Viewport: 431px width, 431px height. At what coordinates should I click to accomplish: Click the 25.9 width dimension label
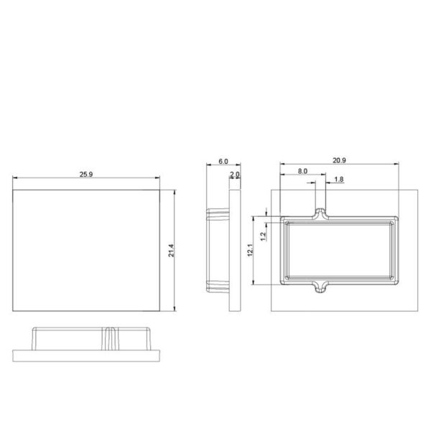pyautogui.click(x=86, y=175)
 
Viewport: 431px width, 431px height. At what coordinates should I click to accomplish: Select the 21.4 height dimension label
pyautogui.click(x=171, y=251)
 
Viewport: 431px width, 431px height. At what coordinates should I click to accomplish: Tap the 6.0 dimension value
pyautogui.click(x=223, y=162)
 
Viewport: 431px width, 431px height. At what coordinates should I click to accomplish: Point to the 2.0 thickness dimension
pyautogui.click(x=235, y=175)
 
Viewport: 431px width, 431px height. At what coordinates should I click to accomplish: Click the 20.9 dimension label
pyautogui.click(x=339, y=160)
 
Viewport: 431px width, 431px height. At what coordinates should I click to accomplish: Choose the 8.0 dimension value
pyautogui.click(x=302, y=171)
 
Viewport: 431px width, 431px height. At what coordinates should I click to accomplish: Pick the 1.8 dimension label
pyautogui.click(x=339, y=179)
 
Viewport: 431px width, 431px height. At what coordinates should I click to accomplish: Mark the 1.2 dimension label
pyautogui.click(x=264, y=236)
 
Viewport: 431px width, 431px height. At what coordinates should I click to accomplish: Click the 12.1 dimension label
pyautogui.click(x=251, y=250)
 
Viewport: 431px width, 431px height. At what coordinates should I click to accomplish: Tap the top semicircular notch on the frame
pyautogui.click(x=320, y=210)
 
